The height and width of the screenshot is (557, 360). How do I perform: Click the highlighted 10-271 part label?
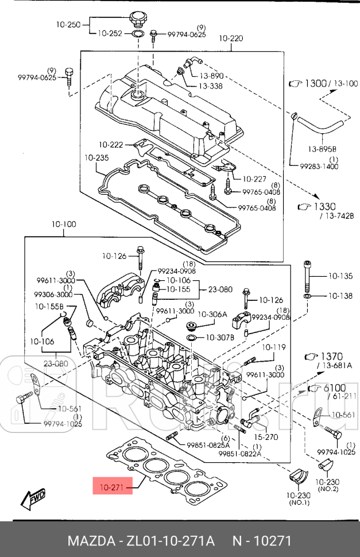[x=112, y=488]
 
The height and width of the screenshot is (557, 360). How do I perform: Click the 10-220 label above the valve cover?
[x=231, y=38]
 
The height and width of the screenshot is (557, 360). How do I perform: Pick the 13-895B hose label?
[x=322, y=149]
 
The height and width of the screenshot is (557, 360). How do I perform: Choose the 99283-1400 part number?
[x=319, y=167]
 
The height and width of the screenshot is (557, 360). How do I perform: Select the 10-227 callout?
[x=255, y=179]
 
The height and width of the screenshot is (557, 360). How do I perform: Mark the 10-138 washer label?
[x=340, y=296]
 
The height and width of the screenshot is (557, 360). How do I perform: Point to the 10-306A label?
[x=213, y=314]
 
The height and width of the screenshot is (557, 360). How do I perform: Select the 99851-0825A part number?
[x=208, y=445]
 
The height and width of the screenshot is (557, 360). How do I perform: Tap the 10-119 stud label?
[x=274, y=347]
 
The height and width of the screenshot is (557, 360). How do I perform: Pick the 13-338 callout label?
[x=211, y=86]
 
